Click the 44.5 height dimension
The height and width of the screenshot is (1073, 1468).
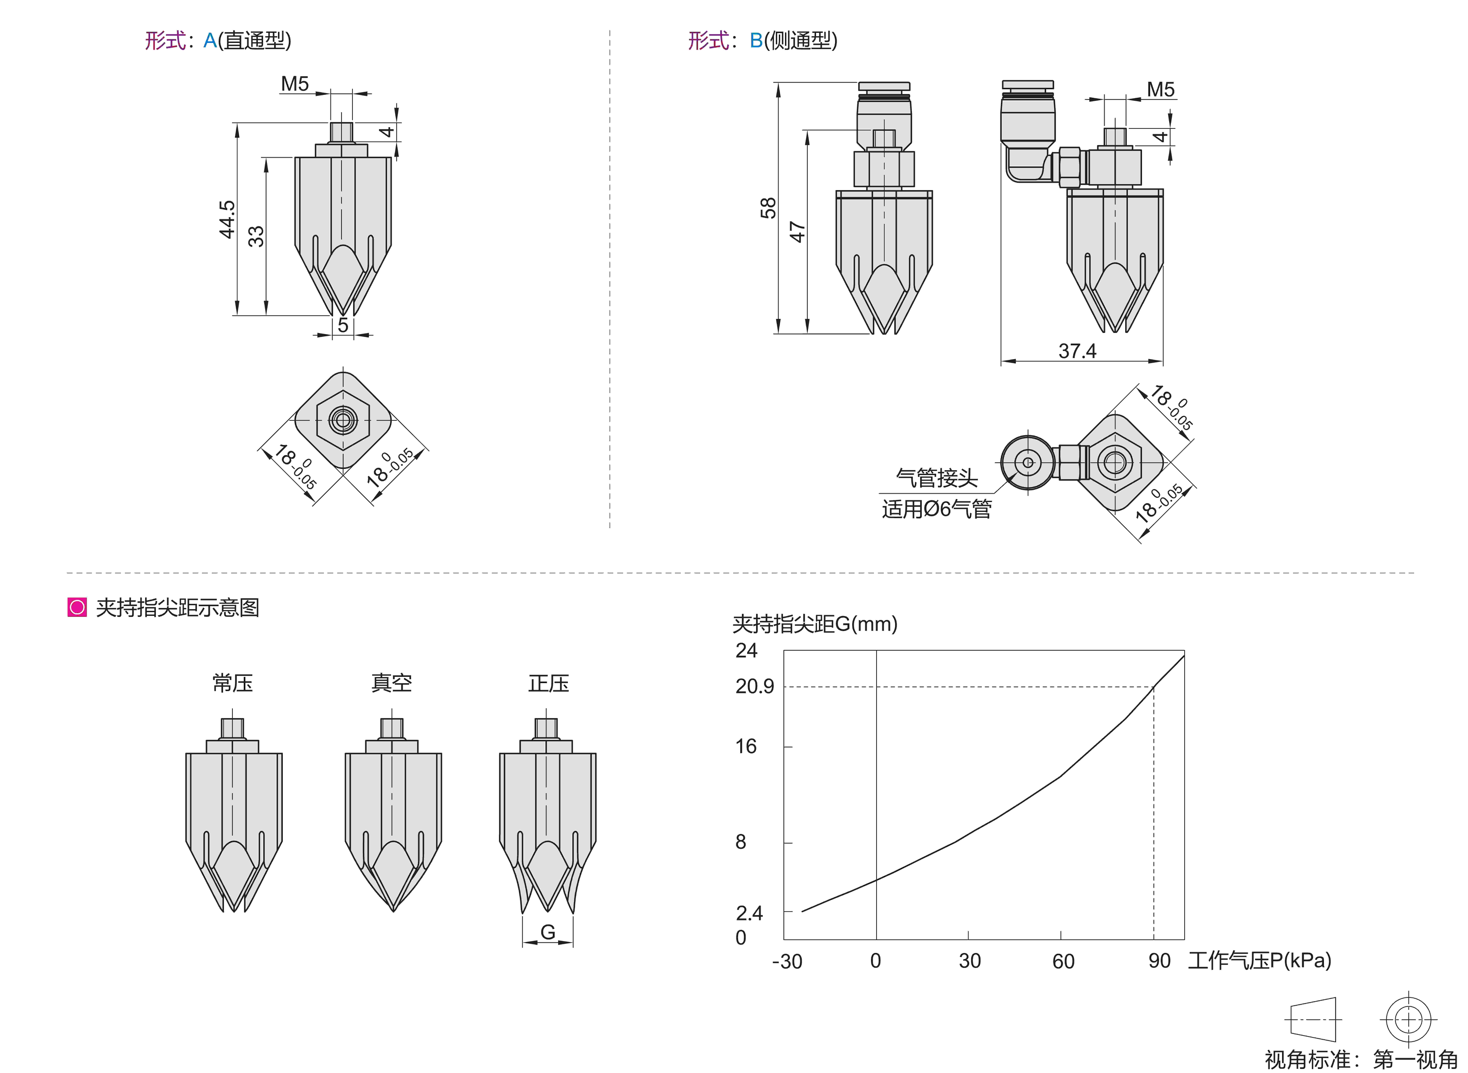point(227,220)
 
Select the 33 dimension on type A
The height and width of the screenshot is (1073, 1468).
point(257,236)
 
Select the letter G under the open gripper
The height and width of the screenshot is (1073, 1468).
point(548,932)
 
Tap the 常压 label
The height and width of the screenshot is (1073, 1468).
point(233,683)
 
